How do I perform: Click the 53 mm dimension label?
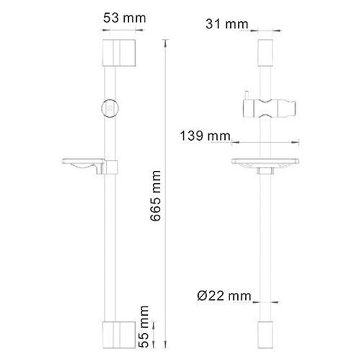125,18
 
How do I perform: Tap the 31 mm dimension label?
227,24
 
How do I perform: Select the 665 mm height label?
156,196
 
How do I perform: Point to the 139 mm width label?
205,136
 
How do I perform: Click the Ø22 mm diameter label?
224,296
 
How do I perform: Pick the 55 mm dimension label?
144,327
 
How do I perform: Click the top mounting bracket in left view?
119,53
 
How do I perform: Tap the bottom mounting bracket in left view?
119,335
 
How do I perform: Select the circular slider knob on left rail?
110,109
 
